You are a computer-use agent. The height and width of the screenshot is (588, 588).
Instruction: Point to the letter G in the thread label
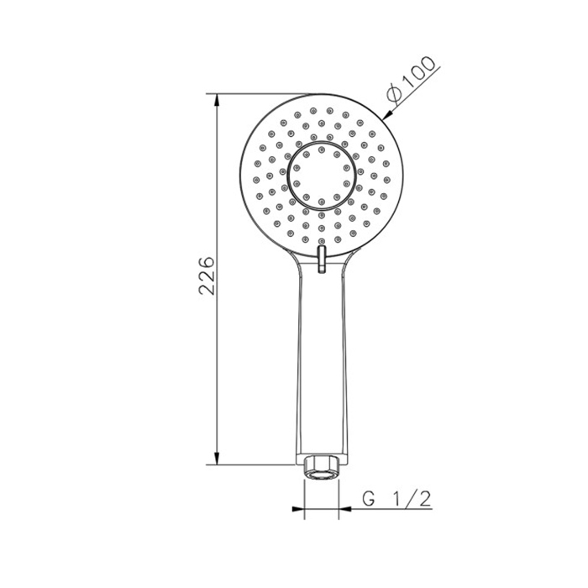pos(368,498)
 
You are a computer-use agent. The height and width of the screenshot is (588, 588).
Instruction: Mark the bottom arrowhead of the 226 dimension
pos(218,458)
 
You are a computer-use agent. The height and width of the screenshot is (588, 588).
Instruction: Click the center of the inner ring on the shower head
pos(321,176)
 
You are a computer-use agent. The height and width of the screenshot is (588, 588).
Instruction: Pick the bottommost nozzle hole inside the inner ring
pos(321,201)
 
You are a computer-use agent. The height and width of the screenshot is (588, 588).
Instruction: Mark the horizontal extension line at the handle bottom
pos(252,464)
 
